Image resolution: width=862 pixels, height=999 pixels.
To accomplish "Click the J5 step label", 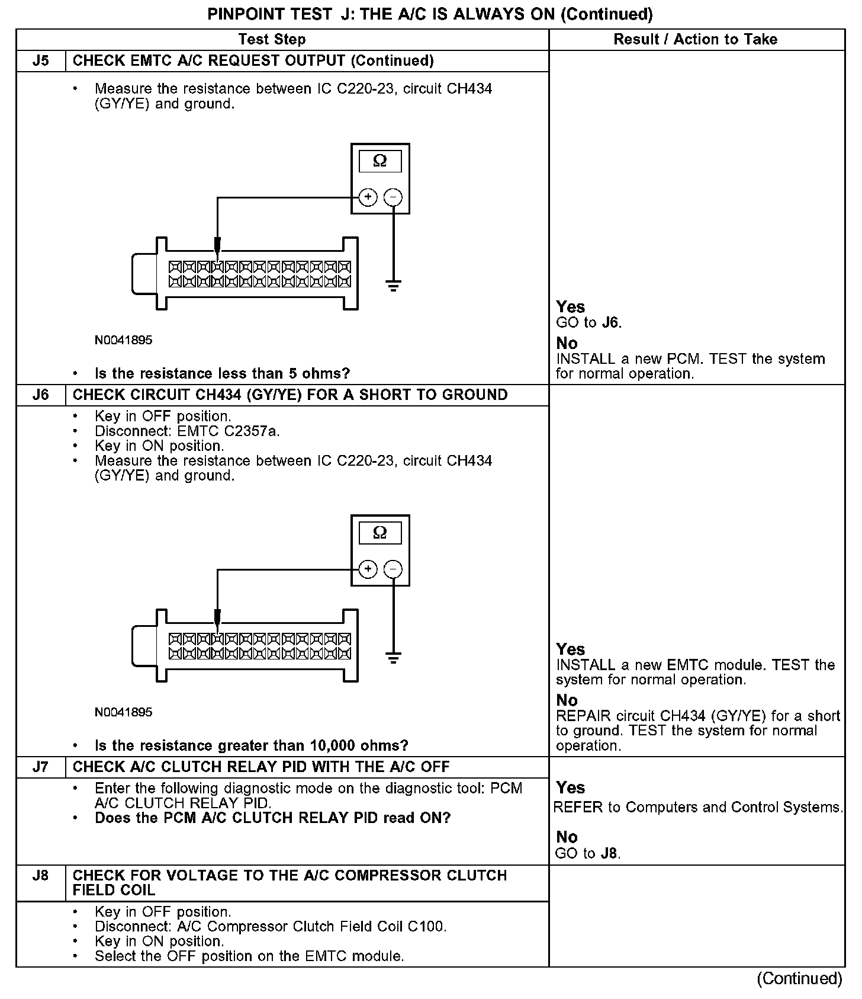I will (x=40, y=61).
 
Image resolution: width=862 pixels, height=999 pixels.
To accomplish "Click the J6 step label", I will (x=40, y=395).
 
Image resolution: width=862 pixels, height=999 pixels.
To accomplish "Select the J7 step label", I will (x=40, y=767).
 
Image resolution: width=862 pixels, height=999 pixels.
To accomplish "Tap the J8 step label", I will (x=40, y=876).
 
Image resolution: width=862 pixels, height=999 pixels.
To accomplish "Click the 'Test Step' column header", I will (x=272, y=40).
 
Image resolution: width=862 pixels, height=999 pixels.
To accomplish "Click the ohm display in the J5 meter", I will (x=380, y=161).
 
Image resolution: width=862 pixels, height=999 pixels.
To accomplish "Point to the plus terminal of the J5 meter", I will (x=368, y=197).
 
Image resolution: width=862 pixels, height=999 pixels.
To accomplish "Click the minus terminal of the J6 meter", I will (x=393, y=569).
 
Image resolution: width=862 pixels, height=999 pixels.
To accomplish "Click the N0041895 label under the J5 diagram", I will (x=123, y=341).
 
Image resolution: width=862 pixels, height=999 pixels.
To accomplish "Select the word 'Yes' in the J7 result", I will (x=571, y=788).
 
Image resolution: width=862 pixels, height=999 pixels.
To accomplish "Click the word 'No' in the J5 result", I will (x=567, y=344).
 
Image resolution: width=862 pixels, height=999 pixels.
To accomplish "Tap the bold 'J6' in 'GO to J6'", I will (x=610, y=323).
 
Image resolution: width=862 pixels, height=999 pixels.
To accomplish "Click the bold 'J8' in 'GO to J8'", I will (x=609, y=854).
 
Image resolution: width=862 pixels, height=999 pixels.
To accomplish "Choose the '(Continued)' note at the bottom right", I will (x=799, y=979).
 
